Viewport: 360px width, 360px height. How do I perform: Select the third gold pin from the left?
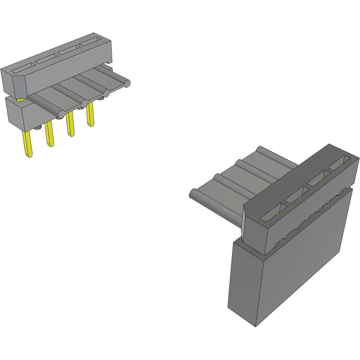(x=70, y=124)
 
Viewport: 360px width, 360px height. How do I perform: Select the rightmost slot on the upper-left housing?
(x=91, y=41)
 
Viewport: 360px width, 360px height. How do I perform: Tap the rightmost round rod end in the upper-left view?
(x=127, y=84)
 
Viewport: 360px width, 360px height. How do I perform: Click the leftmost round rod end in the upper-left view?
(x=60, y=115)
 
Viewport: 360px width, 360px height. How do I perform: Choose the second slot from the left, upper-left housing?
(x=47, y=59)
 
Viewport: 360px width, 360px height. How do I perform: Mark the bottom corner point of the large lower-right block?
(x=256, y=327)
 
